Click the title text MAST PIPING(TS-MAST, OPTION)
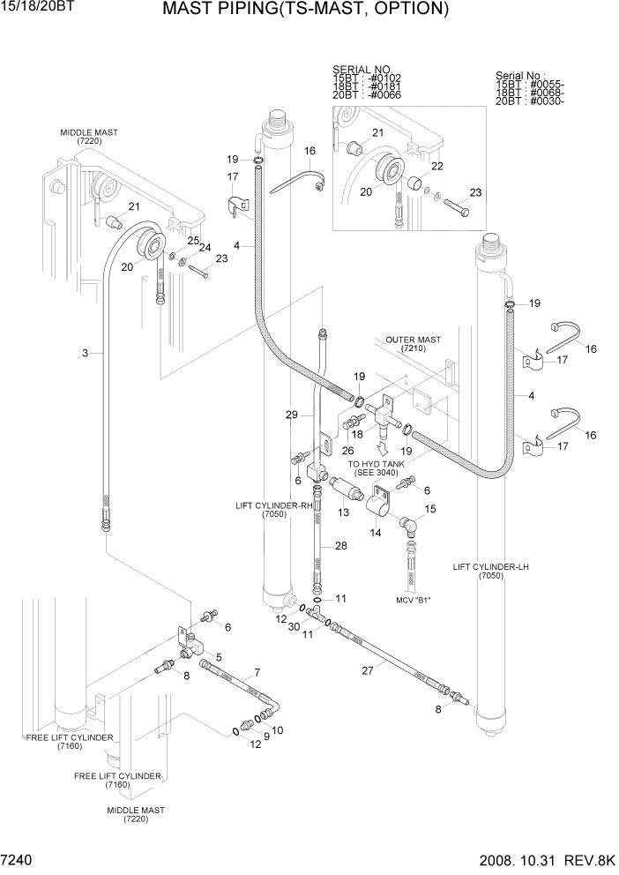point(306,11)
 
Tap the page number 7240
point(20,860)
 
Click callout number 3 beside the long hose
point(85,354)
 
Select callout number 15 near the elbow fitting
point(430,509)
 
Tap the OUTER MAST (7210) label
point(413,344)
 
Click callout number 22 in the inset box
point(436,165)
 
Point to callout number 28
point(339,547)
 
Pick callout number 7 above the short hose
point(257,673)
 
